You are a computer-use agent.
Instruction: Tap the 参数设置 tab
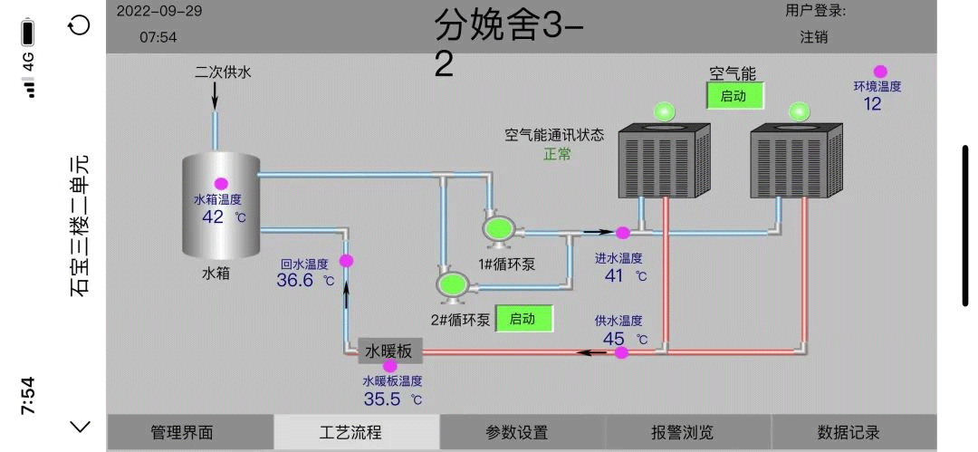click(x=516, y=433)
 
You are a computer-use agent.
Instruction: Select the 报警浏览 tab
click(x=682, y=433)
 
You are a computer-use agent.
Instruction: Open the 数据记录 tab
click(x=849, y=433)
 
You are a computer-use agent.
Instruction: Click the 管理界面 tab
click(x=182, y=433)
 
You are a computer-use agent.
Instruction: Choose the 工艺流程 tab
click(x=350, y=433)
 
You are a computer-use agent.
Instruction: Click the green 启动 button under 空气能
click(x=734, y=96)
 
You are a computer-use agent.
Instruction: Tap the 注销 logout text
click(x=813, y=37)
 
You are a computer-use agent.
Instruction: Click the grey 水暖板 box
click(x=389, y=351)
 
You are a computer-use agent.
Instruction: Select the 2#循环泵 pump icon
click(x=450, y=284)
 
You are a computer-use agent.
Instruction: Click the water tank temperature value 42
click(x=213, y=217)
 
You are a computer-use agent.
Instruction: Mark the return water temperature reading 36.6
click(x=295, y=281)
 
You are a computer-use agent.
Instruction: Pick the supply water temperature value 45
click(x=614, y=339)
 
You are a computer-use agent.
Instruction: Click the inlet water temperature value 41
click(x=614, y=275)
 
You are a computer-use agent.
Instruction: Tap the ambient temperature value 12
click(x=872, y=103)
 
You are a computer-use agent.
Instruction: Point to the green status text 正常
click(x=557, y=154)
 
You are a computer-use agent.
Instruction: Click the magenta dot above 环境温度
click(x=879, y=72)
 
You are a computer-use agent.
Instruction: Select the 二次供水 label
click(x=223, y=72)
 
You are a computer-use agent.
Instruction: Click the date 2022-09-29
click(x=160, y=12)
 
